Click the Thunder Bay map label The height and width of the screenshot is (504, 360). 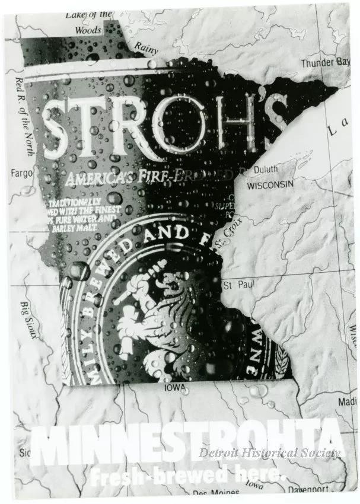(x=324, y=62)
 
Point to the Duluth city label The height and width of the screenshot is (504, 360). (x=265, y=170)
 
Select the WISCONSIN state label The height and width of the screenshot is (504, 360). (x=270, y=185)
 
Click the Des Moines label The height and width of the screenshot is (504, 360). (x=216, y=493)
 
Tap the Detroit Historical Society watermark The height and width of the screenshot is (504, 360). (x=269, y=454)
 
